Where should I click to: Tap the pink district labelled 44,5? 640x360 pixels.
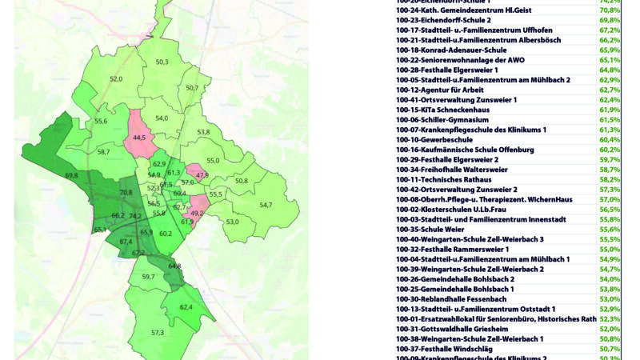click(140, 138)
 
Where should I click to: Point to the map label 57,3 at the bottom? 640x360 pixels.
click(157, 332)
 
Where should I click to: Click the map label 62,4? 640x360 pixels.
click(186, 307)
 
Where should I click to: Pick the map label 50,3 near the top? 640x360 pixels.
click(162, 62)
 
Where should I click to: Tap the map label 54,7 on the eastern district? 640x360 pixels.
click(266, 205)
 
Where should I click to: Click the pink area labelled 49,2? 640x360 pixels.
click(197, 214)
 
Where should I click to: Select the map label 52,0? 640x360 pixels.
click(116, 79)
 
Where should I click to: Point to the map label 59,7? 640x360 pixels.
click(148, 277)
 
